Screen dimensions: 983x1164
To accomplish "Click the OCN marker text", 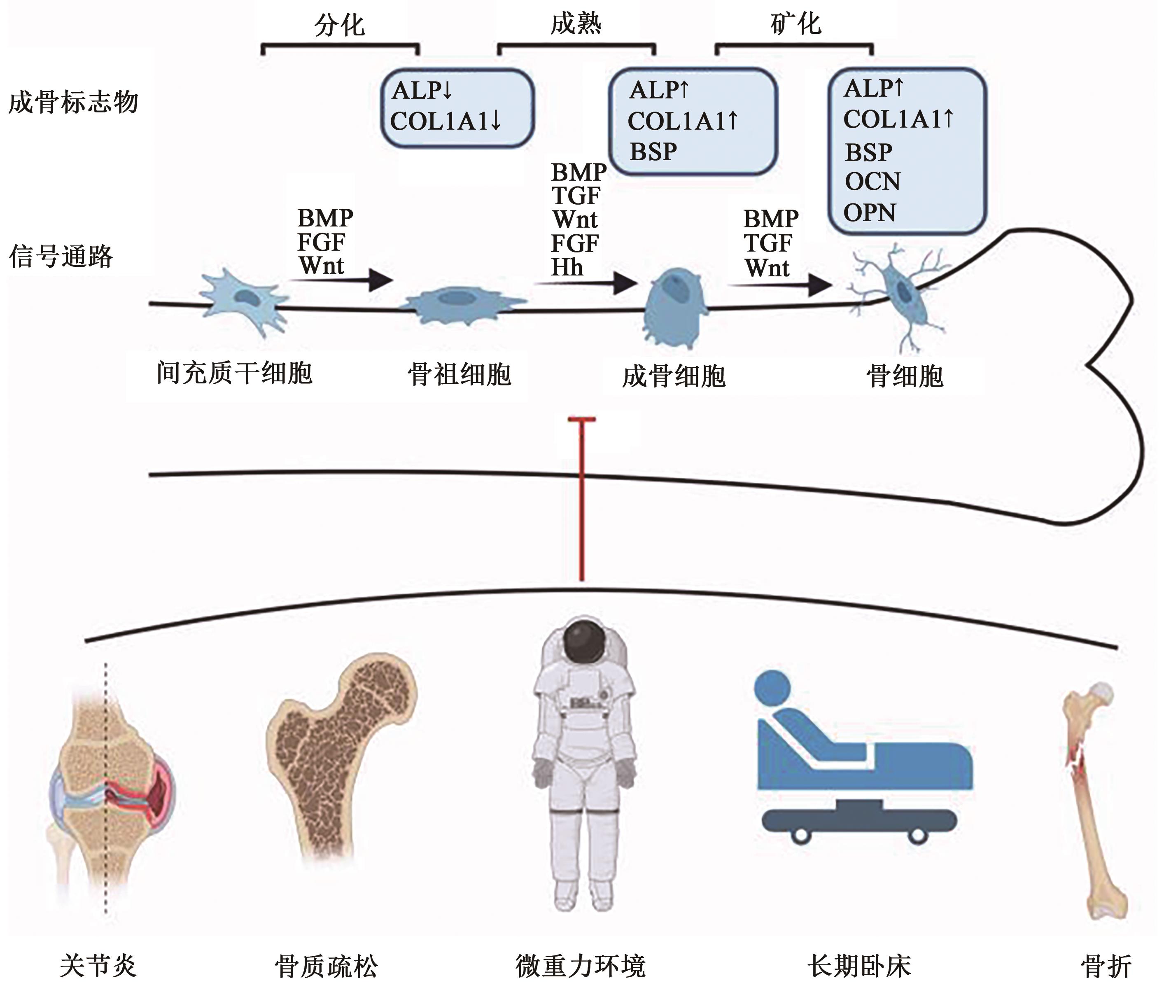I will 872,182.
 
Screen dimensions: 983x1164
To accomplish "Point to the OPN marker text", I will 869,213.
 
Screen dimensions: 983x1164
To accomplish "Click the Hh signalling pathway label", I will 567,268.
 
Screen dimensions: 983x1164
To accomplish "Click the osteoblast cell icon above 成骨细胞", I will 674,306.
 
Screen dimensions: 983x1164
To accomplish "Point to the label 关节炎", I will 98,966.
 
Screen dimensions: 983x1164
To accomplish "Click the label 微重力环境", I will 580,966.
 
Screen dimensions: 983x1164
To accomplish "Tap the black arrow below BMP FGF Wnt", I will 341,280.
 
